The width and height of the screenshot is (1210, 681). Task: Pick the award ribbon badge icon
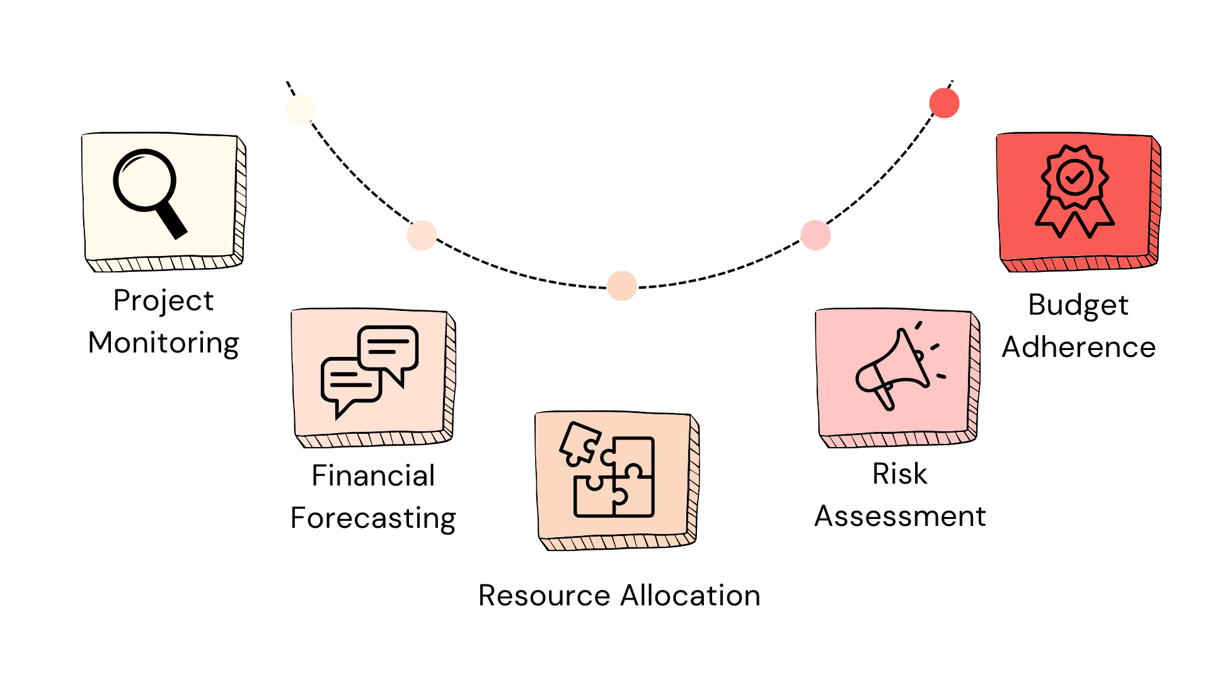1075,192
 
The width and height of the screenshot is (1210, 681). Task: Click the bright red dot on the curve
944,103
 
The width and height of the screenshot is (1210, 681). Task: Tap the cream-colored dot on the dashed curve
301,109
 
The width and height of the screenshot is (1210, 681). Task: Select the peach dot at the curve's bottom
622,286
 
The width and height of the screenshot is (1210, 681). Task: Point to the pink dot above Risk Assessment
815,235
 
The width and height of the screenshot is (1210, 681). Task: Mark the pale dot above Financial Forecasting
422,235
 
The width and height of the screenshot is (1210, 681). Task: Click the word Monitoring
164,344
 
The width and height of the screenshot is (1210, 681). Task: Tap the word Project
164,301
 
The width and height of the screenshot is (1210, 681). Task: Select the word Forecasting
373,519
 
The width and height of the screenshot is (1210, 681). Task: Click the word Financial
373,475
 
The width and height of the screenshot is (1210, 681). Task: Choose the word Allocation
691,595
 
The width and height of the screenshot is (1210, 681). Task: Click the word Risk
900,474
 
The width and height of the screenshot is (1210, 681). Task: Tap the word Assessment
900,516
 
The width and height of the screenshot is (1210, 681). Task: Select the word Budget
1078,306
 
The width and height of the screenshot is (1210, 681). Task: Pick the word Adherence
1079,347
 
